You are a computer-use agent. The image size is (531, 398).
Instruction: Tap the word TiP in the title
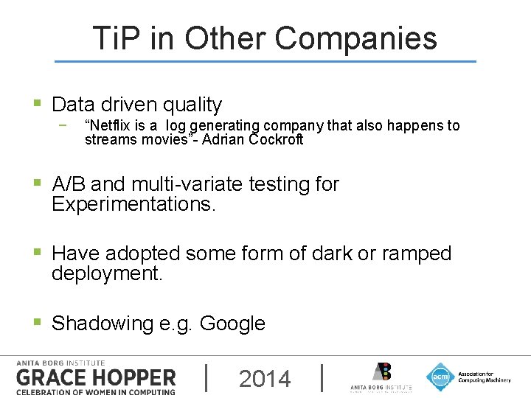click(115, 38)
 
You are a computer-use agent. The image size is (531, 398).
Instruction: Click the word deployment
click(107, 274)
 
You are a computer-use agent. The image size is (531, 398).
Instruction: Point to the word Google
click(232, 324)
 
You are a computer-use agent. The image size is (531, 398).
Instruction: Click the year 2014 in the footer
click(265, 379)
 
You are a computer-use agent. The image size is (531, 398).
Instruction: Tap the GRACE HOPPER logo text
click(96, 378)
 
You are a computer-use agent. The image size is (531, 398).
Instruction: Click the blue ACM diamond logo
click(440, 376)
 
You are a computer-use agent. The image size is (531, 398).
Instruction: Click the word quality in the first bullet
click(187, 105)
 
